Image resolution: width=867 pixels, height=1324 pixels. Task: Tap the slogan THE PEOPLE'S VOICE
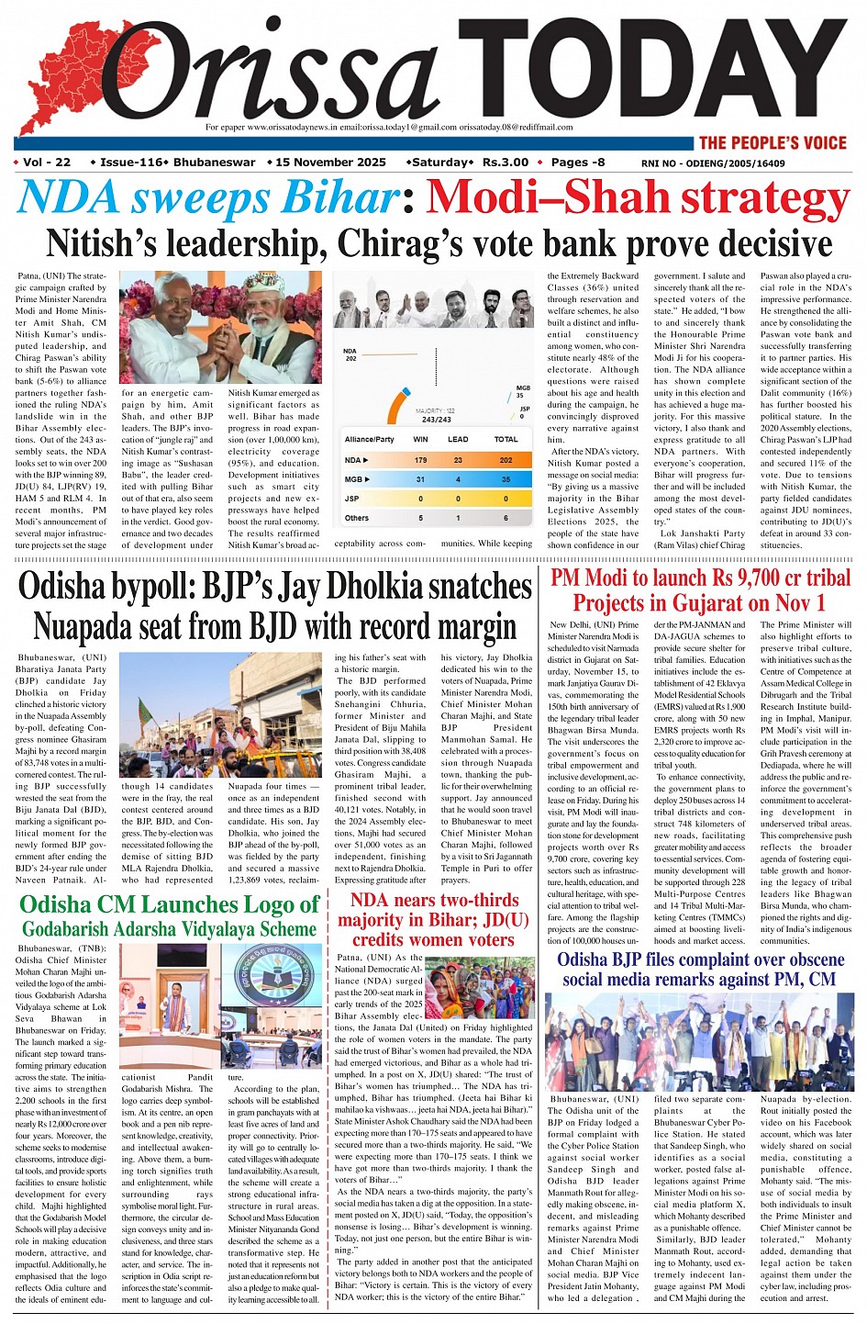[773, 142]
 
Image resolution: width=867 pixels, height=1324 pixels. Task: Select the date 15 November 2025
[330, 163]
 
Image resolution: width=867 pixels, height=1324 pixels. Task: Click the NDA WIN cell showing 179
[420, 460]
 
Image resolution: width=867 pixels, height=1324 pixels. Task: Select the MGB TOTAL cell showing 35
[506, 479]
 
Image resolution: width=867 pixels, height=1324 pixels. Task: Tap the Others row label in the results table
[357, 518]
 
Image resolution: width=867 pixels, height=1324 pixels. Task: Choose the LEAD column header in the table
[458, 439]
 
